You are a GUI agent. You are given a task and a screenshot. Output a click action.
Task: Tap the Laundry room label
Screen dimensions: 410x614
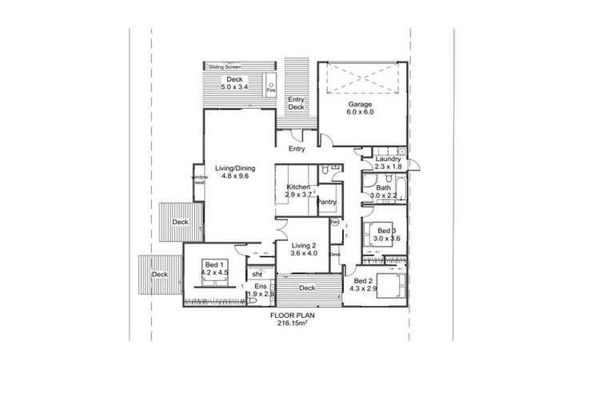pos(387,159)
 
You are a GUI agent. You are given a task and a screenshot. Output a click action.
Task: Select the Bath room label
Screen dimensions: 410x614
pos(384,188)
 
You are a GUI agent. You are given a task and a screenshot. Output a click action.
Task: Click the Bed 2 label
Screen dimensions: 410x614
pos(362,281)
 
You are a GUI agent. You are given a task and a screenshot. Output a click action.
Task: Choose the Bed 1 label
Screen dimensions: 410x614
pos(213,265)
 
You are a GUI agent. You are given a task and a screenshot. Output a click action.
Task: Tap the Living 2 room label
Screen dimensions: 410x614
pos(304,245)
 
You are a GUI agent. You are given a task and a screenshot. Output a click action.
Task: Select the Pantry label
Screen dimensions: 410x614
pos(326,202)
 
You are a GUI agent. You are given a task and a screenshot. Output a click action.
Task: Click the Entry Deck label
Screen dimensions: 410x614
pos(297,102)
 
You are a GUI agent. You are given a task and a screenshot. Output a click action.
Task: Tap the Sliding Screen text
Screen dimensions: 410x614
pos(225,66)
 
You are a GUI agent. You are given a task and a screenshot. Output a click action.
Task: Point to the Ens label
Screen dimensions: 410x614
pos(261,287)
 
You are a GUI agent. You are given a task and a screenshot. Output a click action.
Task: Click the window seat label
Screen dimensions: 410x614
pos(199,181)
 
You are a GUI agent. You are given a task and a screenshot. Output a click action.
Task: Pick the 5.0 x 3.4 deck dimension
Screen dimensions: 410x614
pos(234,86)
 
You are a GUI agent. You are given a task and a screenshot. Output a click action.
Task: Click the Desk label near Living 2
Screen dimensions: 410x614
pos(335,255)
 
